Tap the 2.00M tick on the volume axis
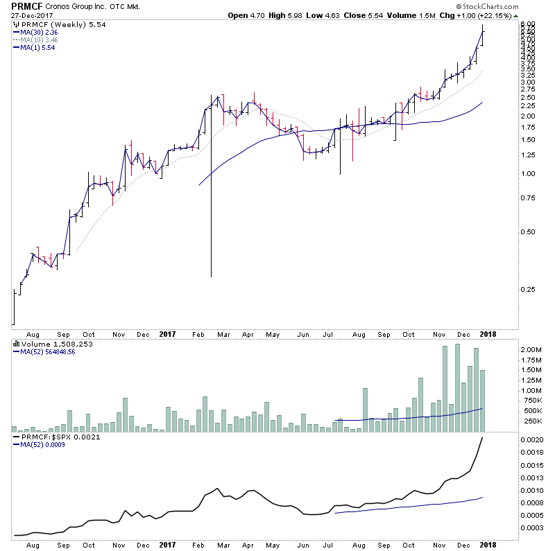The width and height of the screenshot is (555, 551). [533, 350]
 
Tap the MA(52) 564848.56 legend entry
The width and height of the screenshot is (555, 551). [49, 352]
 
